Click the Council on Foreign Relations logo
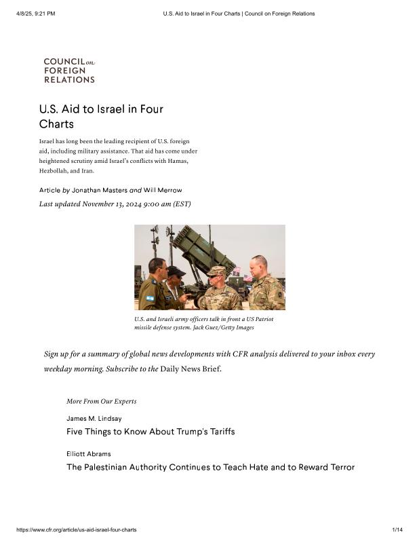click(x=69, y=71)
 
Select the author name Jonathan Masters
click(x=100, y=190)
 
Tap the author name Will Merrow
click(x=163, y=190)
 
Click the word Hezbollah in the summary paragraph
click(x=57, y=170)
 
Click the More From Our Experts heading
click(x=101, y=401)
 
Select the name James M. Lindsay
click(x=94, y=419)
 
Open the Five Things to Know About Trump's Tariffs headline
click(x=151, y=432)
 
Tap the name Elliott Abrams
click(x=89, y=453)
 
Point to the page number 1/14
click(x=397, y=529)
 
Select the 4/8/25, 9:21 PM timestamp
click(x=35, y=14)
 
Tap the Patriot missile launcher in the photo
click(x=202, y=248)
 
